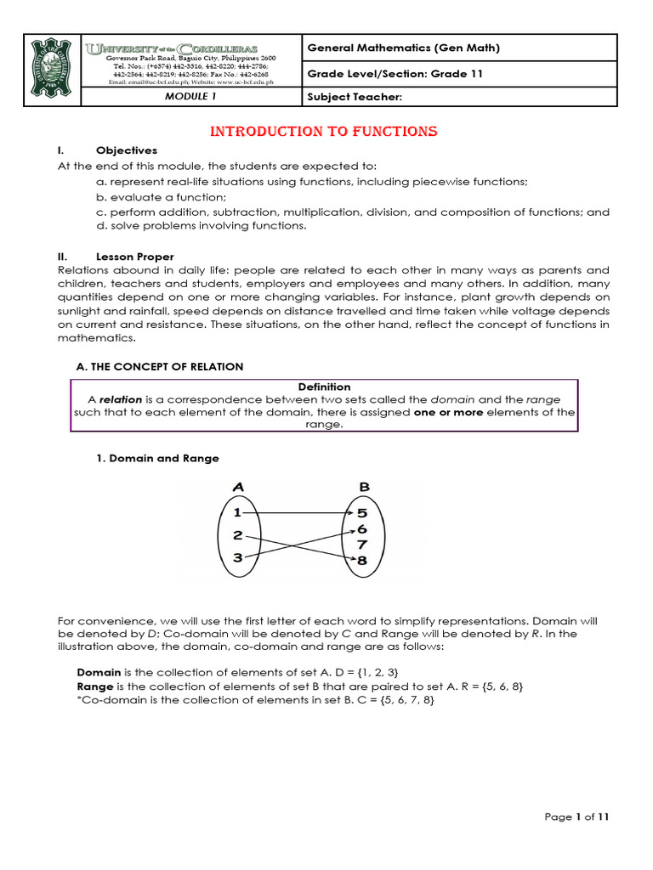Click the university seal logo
(x=53, y=71)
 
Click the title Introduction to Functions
(x=324, y=132)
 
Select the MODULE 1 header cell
(x=190, y=97)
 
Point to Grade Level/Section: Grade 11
(x=395, y=73)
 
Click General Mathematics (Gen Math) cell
(x=403, y=48)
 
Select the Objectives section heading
(x=127, y=150)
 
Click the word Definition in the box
(x=324, y=387)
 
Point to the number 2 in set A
(x=238, y=535)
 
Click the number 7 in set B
(x=363, y=544)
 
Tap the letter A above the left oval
(x=239, y=488)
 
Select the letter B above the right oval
(x=364, y=488)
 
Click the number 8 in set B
(x=363, y=560)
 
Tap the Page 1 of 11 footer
(x=576, y=817)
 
